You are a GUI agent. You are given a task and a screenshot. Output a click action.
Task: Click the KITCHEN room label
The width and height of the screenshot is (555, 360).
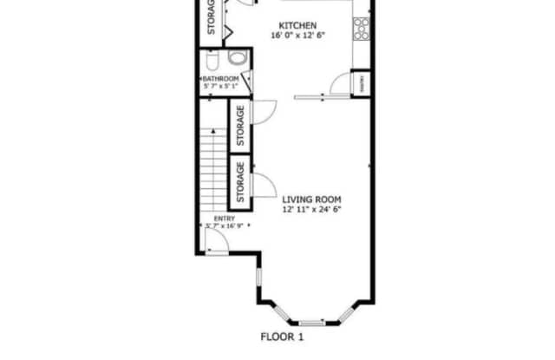(x=297, y=25)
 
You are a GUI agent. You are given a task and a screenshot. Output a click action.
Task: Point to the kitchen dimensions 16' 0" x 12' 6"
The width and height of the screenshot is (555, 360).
(x=297, y=36)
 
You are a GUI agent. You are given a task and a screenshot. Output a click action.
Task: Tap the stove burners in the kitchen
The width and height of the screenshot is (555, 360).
(x=361, y=29)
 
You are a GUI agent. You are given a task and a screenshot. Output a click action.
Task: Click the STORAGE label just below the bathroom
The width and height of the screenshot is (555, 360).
(x=239, y=126)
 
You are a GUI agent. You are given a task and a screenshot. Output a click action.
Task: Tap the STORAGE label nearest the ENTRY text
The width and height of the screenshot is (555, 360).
(x=239, y=180)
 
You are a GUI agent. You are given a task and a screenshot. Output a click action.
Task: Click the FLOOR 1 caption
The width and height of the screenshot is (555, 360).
(x=283, y=336)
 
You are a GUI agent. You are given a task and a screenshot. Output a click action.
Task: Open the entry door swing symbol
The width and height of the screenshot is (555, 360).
(x=217, y=243)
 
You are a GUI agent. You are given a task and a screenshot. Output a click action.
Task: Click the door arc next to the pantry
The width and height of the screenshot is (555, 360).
(x=342, y=84)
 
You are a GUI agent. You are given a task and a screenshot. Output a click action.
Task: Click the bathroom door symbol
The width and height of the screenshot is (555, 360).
(x=247, y=79)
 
